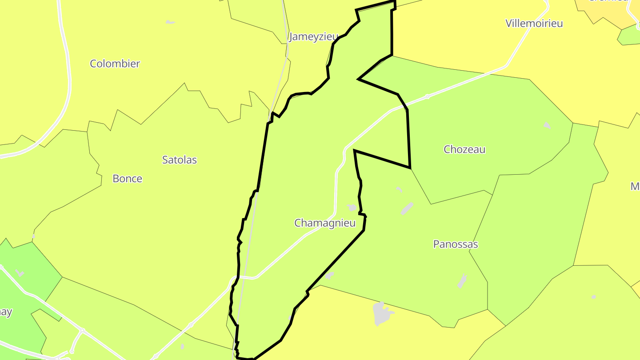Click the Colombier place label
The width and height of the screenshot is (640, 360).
pos(115,64)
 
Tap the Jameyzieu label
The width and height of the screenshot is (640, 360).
pos(313,37)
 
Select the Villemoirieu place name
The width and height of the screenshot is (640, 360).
pos(534,23)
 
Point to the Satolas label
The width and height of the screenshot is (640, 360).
pos(179,160)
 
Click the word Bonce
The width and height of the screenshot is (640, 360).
pos(127,179)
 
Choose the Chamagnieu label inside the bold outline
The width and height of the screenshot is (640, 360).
pos(325,223)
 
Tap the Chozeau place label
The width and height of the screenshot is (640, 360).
pos(464,149)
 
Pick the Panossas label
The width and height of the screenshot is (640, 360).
pos(456,244)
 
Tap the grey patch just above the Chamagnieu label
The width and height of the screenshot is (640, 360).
pos(352,208)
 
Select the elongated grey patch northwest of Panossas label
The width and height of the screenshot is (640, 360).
pos(407,209)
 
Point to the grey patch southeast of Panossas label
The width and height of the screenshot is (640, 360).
pos(462,281)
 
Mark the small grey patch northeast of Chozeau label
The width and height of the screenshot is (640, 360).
pos(547,125)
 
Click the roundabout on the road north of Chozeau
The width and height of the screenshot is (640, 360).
pos(427,96)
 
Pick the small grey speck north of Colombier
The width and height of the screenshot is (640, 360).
pos(170,22)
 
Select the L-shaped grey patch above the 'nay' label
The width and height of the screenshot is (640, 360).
pos(20,273)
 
